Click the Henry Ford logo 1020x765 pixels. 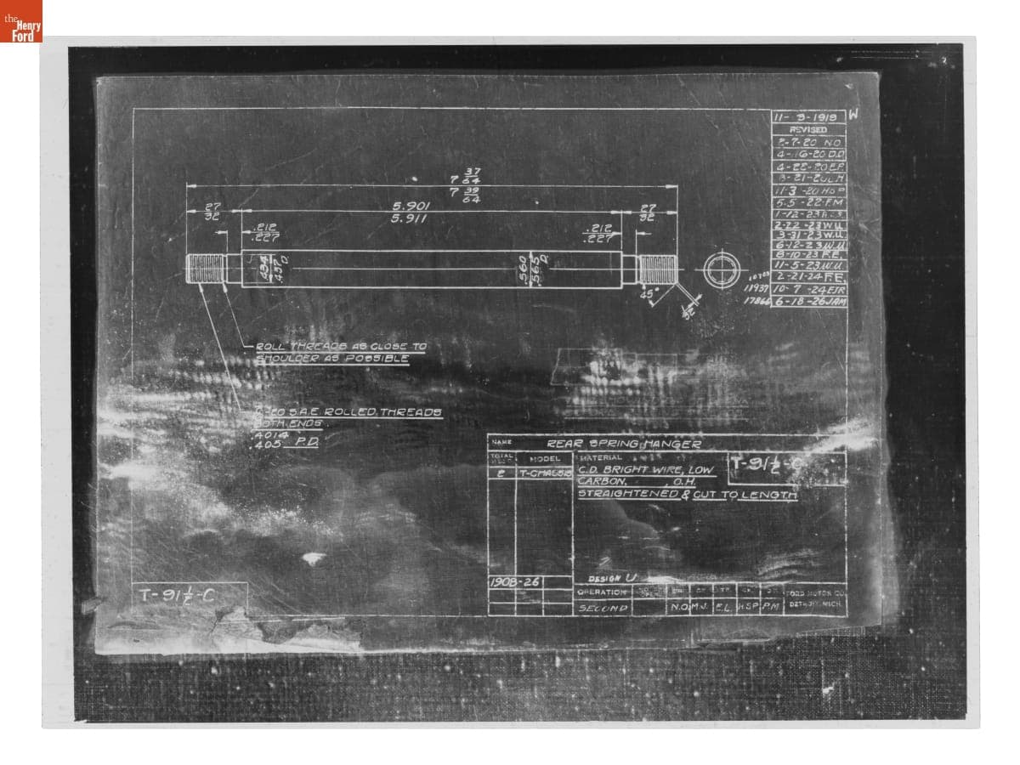pyautogui.click(x=21, y=21)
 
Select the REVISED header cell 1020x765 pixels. pyautogui.click(x=807, y=129)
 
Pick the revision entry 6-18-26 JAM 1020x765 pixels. pyautogui.click(x=808, y=301)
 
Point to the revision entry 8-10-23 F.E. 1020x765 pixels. pyautogui.click(x=808, y=253)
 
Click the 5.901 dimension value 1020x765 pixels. pyautogui.click(x=411, y=206)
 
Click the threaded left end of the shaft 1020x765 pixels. pyautogui.click(x=206, y=269)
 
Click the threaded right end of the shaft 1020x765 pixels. pyautogui.click(x=657, y=269)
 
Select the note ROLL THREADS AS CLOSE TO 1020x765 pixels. pyautogui.click(x=341, y=347)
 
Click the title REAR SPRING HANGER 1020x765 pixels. pyautogui.click(x=624, y=444)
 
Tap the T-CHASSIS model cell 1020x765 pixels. pyautogui.click(x=544, y=473)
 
